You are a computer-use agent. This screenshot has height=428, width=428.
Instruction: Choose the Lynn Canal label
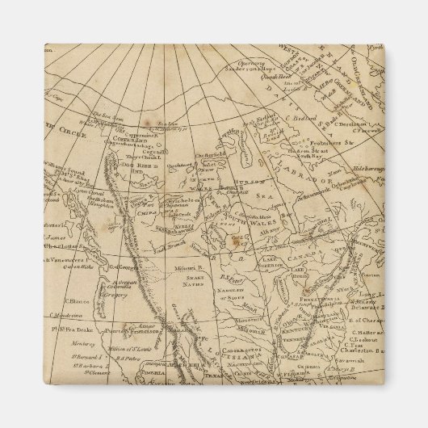point(61,195)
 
